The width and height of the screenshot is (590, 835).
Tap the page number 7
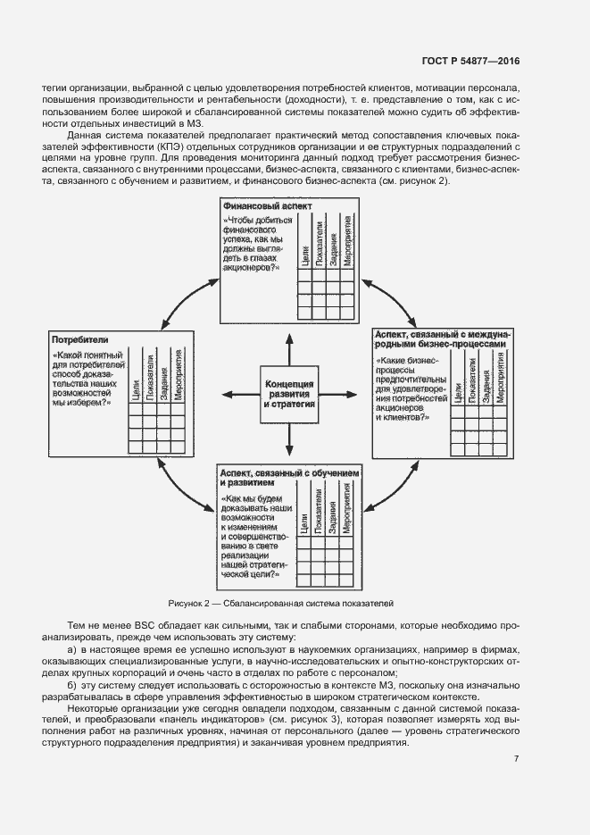click(x=517, y=760)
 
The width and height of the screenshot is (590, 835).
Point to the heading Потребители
click(x=80, y=340)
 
